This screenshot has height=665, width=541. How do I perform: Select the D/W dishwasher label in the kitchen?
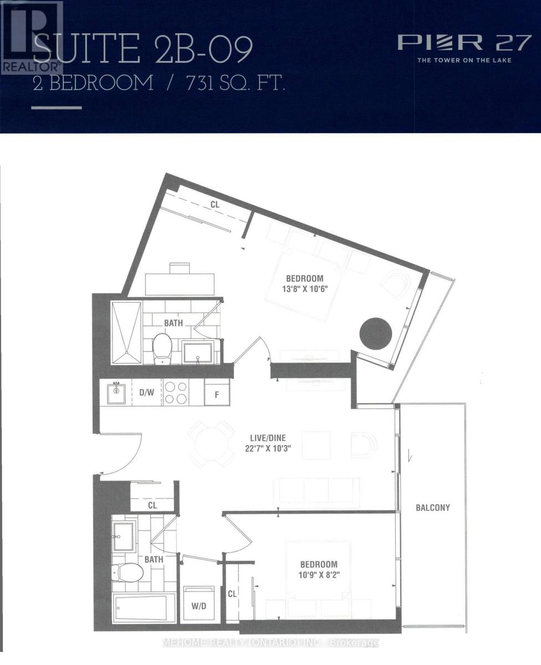[146, 392]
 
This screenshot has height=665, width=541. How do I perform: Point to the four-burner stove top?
[176, 393]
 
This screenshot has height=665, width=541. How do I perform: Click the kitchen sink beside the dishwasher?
[116, 393]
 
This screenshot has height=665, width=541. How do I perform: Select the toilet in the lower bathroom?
[121, 570]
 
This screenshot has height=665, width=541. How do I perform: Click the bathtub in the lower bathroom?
[144, 609]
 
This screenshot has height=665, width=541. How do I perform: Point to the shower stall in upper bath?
[126, 332]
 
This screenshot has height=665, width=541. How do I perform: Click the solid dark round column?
[376, 333]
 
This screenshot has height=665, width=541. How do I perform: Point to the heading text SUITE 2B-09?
[143, 49]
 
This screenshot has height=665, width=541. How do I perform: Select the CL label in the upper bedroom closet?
[215, 204]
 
